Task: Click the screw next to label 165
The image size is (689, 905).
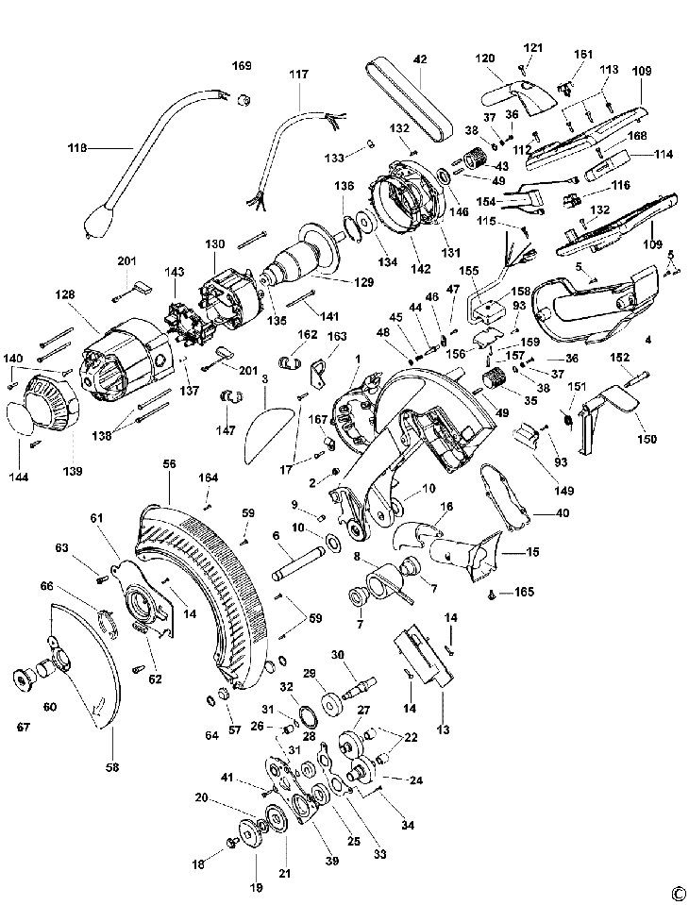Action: tap(493, 594)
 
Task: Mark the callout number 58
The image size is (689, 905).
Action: tap(112, 767)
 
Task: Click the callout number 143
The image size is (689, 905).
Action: tap(175, 272)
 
